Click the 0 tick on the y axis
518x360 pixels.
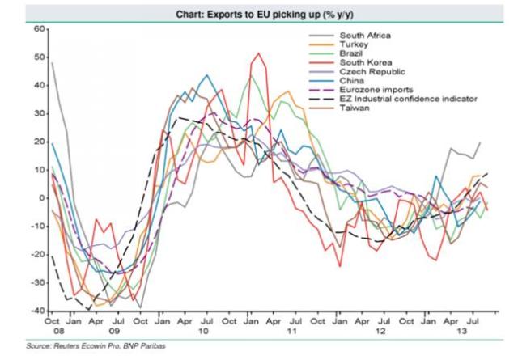pos(41,198)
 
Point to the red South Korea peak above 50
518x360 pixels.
pos(258,53)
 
